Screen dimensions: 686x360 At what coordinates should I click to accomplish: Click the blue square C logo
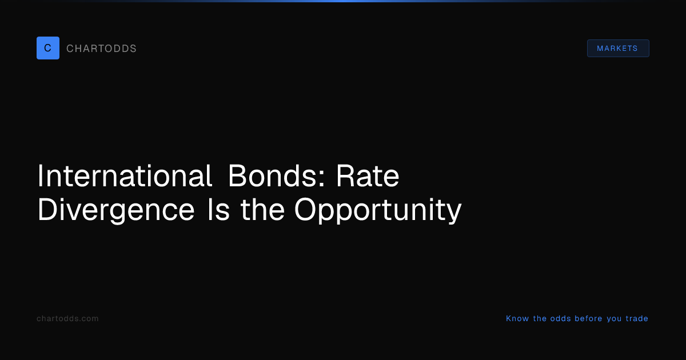click(48, 48)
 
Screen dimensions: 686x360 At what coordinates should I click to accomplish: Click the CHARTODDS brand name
click(101, 49)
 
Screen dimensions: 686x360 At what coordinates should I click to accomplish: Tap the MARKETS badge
click(618, 49)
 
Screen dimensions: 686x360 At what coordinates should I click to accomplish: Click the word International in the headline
click(125, 176)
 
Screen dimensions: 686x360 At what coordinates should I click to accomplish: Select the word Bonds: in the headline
click(277, 176)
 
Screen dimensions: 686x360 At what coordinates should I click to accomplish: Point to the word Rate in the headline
click(368, 176)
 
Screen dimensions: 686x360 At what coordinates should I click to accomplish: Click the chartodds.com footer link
click(67, 318)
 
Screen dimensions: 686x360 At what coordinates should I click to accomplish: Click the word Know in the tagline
click(517, 318)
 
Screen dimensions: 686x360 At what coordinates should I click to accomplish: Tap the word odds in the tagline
click(560, 318)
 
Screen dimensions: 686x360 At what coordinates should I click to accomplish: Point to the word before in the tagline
click(588, 318)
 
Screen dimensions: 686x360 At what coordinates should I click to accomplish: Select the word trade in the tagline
click(637, 318)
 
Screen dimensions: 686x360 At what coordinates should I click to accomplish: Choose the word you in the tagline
click(614, 319)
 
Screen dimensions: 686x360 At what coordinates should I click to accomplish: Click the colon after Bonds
click(321, 178)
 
